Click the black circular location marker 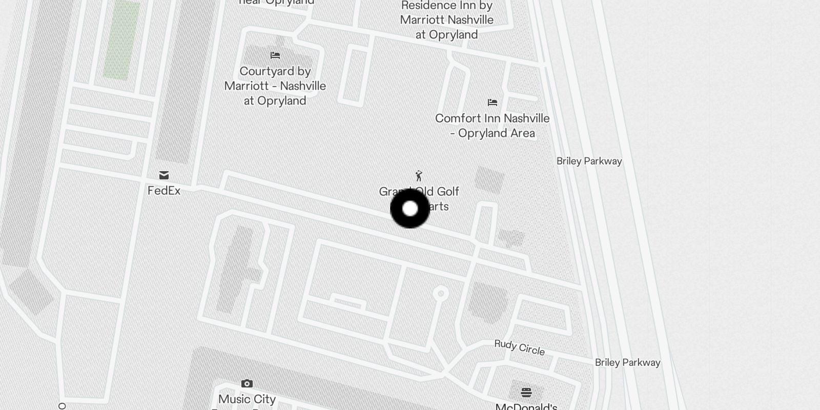coord(410,209)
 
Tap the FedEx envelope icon coord(164,175)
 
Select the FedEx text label coord(164,191)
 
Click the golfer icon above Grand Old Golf coord(419,176)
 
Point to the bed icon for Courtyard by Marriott coord(275,55)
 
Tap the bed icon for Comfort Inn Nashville coord(493,102)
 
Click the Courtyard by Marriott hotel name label coord(275,86)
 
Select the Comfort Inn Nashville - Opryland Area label coord(492,126)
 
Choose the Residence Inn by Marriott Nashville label coord(447,20)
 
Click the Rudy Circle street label coord(519,347)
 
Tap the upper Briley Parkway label coord(589,161)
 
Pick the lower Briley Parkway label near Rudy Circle coord(627,362)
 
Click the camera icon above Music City coord(247,383)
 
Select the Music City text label coord(247,399)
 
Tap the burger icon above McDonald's coord(526,393)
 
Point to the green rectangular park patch coord(122,40)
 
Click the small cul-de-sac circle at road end coord(441,294)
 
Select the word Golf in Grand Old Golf coord(448,192)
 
